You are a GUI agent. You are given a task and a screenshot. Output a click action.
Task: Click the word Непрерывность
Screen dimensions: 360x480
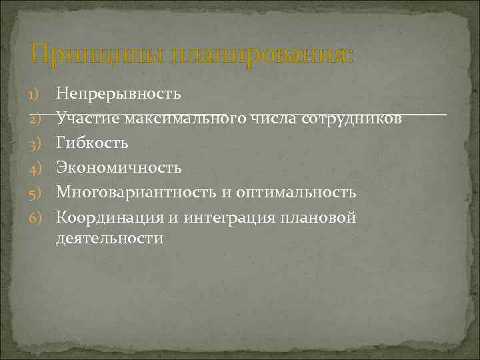point(118,93)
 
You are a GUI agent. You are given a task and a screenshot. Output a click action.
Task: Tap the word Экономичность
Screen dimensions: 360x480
point(118,168)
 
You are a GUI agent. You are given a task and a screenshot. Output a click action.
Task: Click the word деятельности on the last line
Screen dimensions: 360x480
point(109,239)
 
